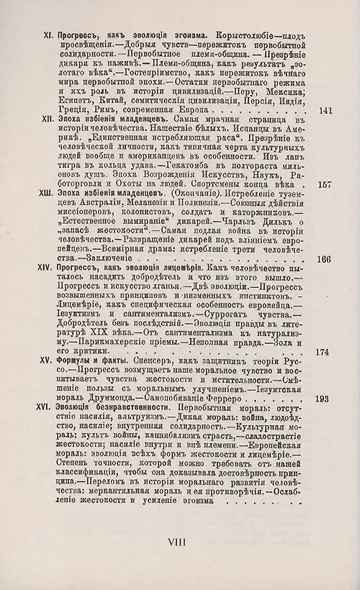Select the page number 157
[324, 185]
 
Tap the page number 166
[324, 260]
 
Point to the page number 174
[324, 352]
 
